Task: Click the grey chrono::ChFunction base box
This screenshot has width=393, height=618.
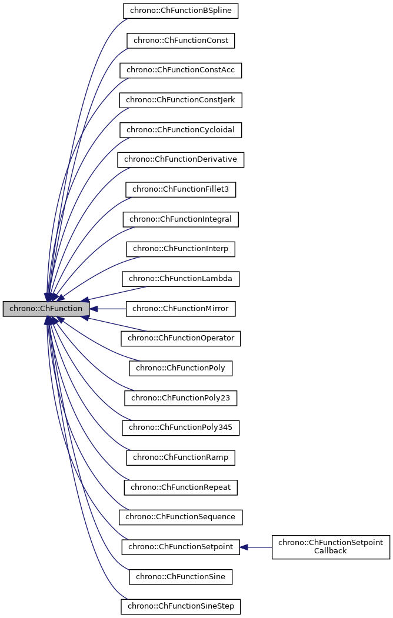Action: click(x=46, y=309)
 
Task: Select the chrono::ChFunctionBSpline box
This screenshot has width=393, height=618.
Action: click(x=181, y=11)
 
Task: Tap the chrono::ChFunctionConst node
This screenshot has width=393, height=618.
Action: click(x=181, y=41)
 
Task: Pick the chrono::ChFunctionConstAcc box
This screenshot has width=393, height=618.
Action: click(x=181, y=70)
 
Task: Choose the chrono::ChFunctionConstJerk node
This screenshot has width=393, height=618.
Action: click(x=181, y=100)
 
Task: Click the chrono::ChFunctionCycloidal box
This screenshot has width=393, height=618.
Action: click(x=181, y=130)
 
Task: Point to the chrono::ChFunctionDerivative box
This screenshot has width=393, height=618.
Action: click(x=181, y=159)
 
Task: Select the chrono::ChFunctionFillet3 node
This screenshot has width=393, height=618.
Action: click(x=181, y=189)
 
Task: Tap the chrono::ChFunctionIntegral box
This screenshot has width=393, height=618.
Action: click(x=181, y=219)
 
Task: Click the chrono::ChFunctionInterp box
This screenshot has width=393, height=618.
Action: click(x=181, y=249)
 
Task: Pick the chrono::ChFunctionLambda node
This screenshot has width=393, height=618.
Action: click(x=181, y=279)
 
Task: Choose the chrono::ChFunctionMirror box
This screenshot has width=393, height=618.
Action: click(x=181, y=309)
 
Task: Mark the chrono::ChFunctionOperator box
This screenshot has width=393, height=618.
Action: click(x=181, y=338)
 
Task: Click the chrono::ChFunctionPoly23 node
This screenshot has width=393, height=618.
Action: click(x=181, y=398)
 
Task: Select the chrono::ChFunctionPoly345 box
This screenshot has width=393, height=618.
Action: click(x=181, y=428)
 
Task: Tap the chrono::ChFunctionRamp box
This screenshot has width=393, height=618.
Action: click(x=181, y=457)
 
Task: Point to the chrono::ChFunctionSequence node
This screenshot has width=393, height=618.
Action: click(x=181, y=517)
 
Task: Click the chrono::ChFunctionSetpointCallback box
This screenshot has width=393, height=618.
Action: click(x=331, y=547)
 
